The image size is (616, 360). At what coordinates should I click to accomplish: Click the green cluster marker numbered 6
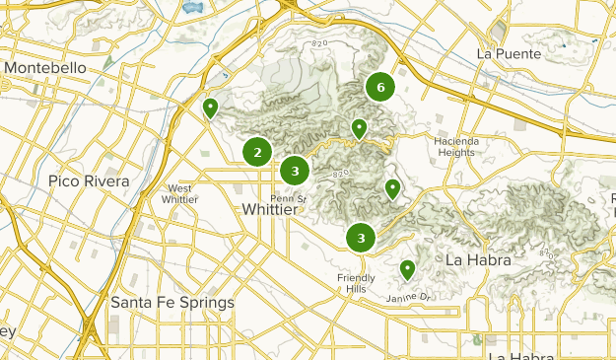(x=379, y=88)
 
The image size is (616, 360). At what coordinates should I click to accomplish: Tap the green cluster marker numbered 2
(x=257, y=152)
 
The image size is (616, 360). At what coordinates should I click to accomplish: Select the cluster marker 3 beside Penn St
(x=294, y=171)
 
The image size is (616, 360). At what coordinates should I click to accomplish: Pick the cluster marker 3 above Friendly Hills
(x=362, y=237)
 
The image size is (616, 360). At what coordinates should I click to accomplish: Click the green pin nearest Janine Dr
(x=407, y=269)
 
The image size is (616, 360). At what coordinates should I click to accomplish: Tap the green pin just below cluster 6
(x=360, y=128)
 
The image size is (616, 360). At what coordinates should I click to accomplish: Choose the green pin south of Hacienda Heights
(x=392, y=188)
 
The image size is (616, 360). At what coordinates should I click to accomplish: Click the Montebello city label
(x=46, y=66)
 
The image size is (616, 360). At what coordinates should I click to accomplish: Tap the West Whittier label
(x=179, y=193)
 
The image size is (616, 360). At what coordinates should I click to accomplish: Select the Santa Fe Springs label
(x=172, y=302)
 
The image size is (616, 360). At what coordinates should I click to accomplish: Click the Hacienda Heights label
(x=455, y=146)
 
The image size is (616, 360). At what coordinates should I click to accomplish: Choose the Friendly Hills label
(x=356, y=283)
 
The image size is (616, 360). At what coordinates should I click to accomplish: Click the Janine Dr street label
(x=409, y=297)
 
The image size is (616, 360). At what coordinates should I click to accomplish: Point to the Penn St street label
(x=289, y=198)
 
